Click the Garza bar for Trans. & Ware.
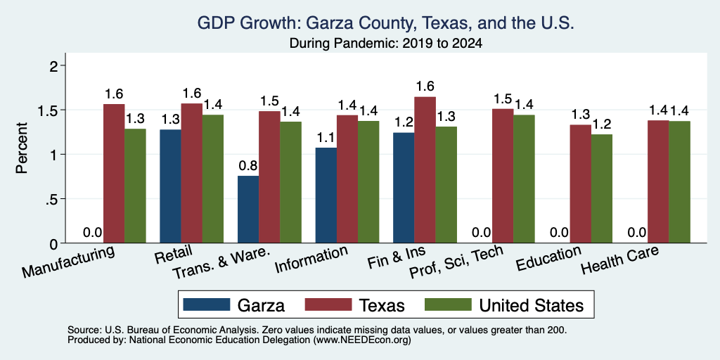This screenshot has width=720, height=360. [248, 210]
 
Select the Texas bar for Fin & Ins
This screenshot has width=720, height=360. [425, 170]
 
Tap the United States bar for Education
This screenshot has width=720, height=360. [602, 188]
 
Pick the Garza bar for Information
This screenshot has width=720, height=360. [326, 195]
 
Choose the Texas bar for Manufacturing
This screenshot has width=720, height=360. [114, 174]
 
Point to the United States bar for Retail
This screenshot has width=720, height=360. [213, 179]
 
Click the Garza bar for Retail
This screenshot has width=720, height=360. [170, 186]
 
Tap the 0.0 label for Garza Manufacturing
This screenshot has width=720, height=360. [92, 232]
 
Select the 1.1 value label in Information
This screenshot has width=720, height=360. [326, 138]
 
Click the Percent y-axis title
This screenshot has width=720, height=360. [22, 148]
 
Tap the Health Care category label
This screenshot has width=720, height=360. [620, 260]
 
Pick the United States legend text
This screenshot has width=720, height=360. [532, 305]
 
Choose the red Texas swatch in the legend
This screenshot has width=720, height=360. [329, 304]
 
